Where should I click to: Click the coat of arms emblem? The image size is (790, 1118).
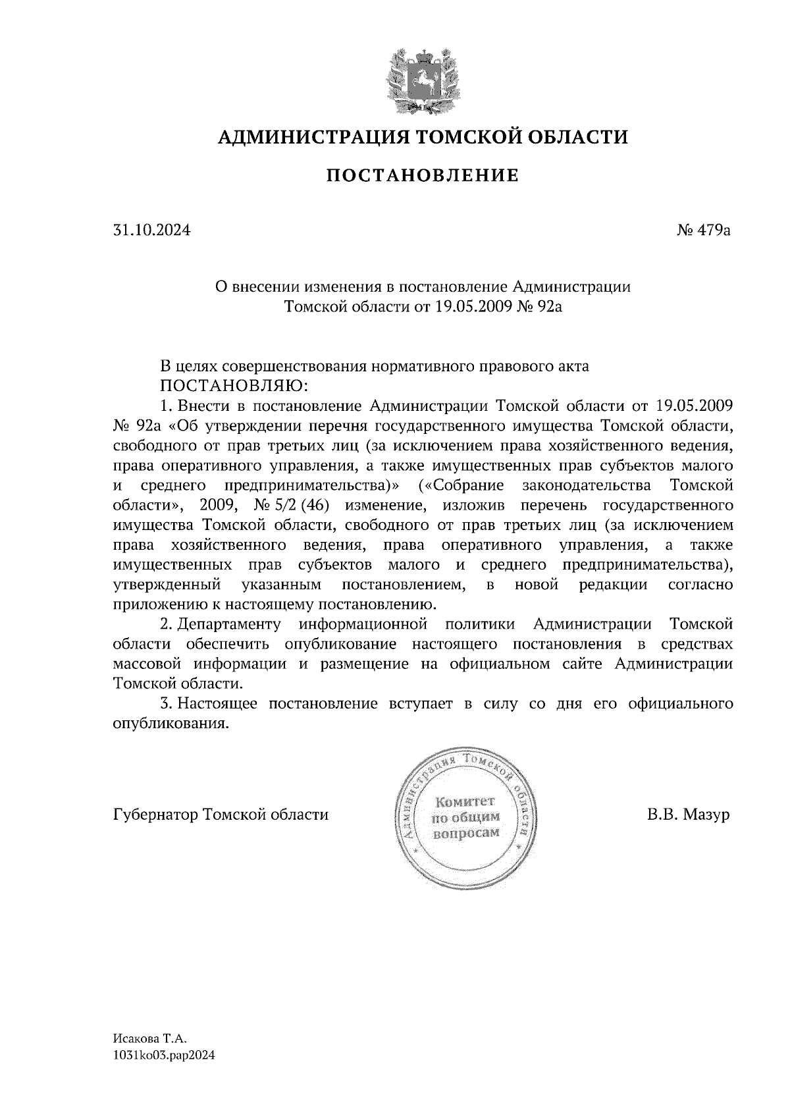click(x=422, y=80)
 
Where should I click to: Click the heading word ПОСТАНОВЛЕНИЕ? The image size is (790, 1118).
click(x=423, y=175)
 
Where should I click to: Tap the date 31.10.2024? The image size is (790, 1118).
click(x=151, y=230)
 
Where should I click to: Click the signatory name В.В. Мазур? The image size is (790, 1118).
click(x=689, y=814)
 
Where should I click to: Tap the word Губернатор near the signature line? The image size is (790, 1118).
click(x=157, y=815)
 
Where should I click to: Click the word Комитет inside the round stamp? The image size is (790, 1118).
click(x=464, y=801)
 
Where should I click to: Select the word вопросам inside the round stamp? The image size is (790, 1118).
click(x=464, y=832)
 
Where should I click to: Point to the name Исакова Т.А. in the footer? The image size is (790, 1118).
click(x=150, y=1038)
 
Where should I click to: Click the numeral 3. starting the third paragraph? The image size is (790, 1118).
click(x=167, y=703)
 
